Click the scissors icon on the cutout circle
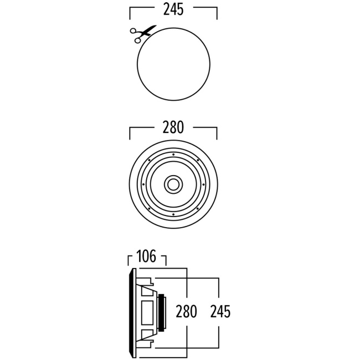point(140,34)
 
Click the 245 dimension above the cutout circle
point(173,9)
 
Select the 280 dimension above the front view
point(173,128)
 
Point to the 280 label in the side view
point(186,311)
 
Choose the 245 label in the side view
point(220,311)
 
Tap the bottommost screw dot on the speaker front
point(173,214)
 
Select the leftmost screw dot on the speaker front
point(143,183)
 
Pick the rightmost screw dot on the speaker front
point(204,183)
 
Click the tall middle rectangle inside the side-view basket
point(147,313)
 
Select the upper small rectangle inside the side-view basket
point(146,290)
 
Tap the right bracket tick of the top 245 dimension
point(217,13)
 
